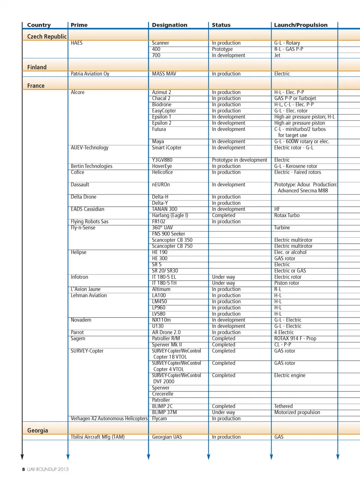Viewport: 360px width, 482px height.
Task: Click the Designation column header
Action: click(169, 25)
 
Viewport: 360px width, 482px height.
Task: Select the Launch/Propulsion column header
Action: click(301, 25)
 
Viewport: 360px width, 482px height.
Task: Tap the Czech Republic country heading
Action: click(47, 36)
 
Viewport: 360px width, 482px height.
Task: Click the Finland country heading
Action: click(37, 67)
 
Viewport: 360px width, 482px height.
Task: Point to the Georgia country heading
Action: click(37, 430)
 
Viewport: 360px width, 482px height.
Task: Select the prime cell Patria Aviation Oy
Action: click(90, 74)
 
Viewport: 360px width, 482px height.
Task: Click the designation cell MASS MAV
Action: click(164, 74)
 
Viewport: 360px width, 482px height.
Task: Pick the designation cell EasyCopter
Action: click(164, 111)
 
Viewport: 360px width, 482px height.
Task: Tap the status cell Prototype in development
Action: click(240, 160)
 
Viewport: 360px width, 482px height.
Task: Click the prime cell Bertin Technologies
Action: click(91, 166)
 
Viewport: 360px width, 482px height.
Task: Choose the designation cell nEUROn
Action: click(161, 185)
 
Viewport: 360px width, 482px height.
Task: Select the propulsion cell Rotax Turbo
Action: click(287, 215)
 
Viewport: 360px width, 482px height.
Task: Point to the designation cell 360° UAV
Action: click(162, 227)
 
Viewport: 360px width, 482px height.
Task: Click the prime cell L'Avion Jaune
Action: click(85, 289)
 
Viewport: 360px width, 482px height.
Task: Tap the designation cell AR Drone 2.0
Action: click(166, 332)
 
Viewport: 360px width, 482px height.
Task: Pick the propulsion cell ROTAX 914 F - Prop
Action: click(295, 339)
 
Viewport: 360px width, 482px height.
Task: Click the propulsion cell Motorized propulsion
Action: click(297, 412)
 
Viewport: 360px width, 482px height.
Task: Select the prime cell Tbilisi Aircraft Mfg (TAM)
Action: click(97, 437)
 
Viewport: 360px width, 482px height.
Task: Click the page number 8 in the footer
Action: click(23, 469)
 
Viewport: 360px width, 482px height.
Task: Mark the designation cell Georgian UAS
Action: click(167, 437)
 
